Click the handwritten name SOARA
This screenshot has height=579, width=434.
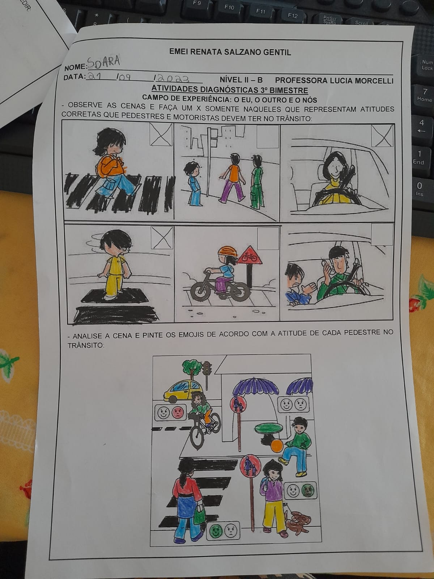pyautogui.click(x=103, y=62)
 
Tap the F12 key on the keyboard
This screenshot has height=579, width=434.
pyautogui.click(x=292, y=16)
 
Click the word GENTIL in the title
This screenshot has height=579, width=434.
pyautogui.click(x=277, y=52)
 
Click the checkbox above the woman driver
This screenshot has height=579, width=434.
pyautogui.click(x=382, y=136)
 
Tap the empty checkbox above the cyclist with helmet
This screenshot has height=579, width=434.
pyautogui.click(x=268, y=238)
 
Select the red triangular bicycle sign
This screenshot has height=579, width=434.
pyautogui.click(x=249, y=255)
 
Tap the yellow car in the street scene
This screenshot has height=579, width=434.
pyautogui.click(x=183, y=391)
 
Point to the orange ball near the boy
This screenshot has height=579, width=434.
pyautogui.click(x=277, y=446)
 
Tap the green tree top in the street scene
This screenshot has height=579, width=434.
pyautogui.click(x=192, y=366)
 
